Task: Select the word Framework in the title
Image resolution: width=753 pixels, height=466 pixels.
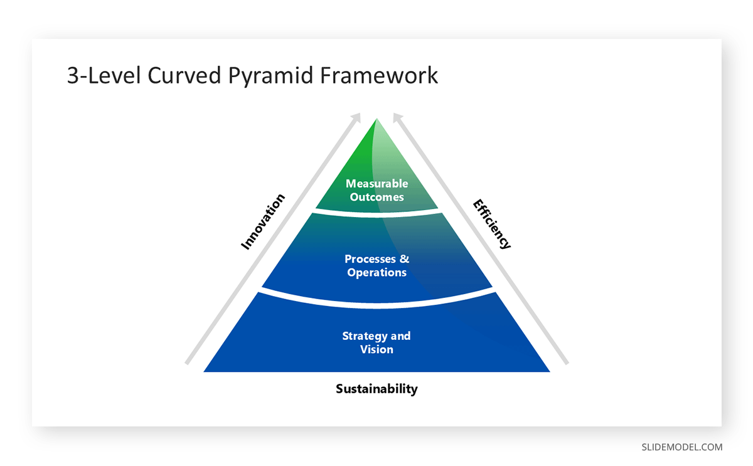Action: [379, 75]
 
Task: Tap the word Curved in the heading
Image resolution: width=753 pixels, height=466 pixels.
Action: [184, 75]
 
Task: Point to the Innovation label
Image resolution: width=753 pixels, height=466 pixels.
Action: [263, 221]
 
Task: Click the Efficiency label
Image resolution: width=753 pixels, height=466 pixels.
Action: [492, 224]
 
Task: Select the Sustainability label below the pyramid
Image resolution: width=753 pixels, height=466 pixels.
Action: [376, 388]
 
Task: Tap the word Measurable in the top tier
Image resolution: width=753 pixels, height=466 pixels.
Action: [376, 184]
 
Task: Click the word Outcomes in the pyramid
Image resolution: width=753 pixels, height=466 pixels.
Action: [376, 197]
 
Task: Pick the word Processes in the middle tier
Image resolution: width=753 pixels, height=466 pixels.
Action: [370, 259]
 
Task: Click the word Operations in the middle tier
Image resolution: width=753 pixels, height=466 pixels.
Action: [376, 273]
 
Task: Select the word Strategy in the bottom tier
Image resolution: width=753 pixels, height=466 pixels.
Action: [365, 336]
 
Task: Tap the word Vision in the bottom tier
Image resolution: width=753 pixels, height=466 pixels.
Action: [376, 349]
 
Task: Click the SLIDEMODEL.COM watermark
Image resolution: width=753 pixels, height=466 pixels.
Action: [681, 447]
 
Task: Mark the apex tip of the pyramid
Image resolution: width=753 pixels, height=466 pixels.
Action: [376, 119]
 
